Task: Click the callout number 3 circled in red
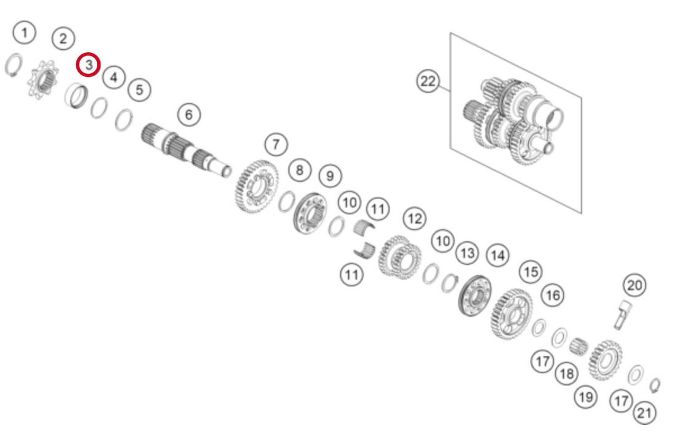tap(88, 64)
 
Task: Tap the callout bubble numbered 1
tap(25, 33)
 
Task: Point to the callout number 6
tap(188, 114)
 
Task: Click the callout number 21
tap(644, 413)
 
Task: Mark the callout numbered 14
tap(497, 255)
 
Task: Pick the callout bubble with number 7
tap(276, 145)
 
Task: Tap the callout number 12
tap(414, 218)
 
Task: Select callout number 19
tap(586, 397)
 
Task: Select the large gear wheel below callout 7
tap(255, 186)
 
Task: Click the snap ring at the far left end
tap(14, 65)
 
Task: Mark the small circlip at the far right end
tap(655, 385)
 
